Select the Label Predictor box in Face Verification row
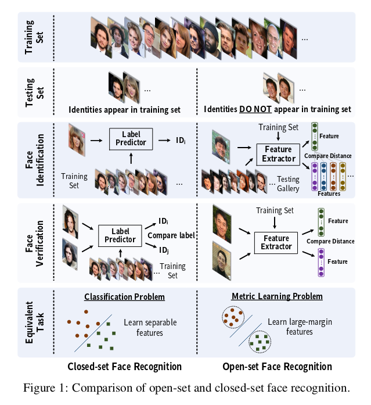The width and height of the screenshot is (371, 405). tap(120, 235)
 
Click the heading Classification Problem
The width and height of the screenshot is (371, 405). tap(124, 297)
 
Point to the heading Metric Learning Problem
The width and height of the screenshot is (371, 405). tap(277, 296)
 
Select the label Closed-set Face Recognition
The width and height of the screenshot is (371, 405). tap(124, 367)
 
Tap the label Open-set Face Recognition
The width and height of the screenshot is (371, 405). tap(278, 367)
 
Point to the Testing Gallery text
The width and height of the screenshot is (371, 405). tap(288, 184)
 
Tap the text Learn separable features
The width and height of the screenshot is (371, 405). tap(150, 327)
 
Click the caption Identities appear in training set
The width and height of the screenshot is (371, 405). tap(124, 109)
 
